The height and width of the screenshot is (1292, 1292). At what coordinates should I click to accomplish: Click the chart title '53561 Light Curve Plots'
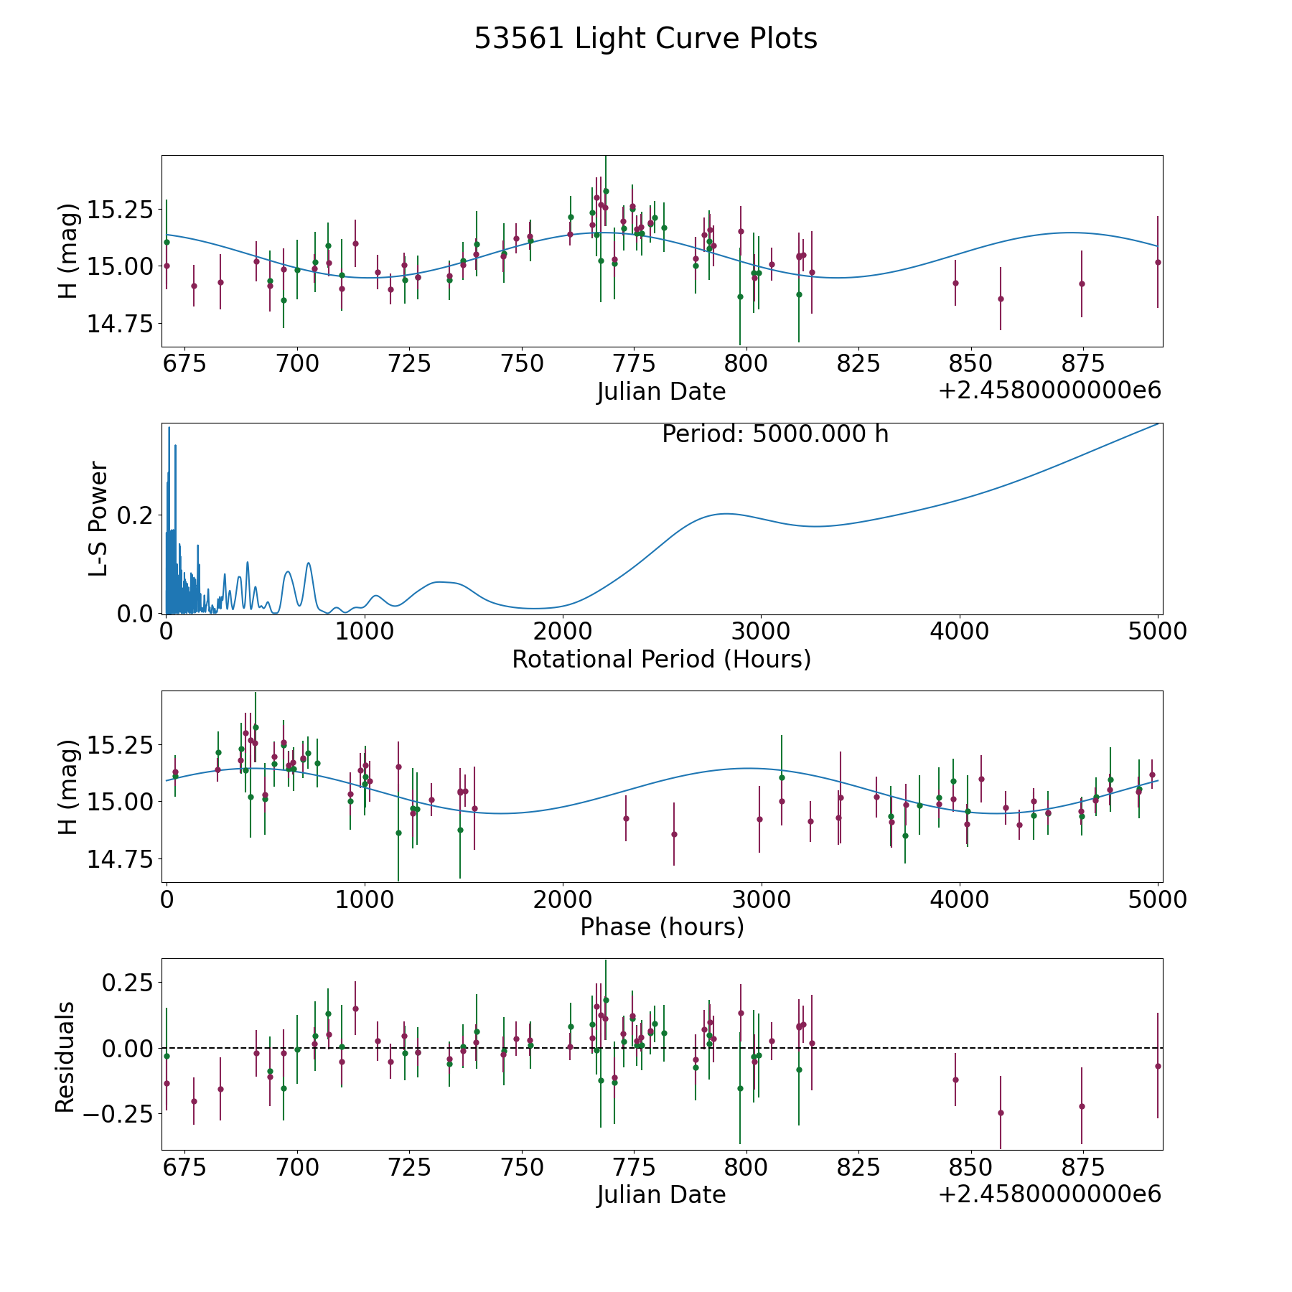click(x=645, y=39)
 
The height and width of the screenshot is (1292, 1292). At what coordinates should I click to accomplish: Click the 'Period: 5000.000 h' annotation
click(x=775, y=434)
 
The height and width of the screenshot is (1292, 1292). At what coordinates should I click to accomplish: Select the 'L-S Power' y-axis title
click(x=98, y=518)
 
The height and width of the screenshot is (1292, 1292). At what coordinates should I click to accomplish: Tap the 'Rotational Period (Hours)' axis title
click(x=661, y=659)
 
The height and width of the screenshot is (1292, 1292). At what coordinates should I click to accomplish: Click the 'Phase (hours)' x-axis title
click(x=662, y=927)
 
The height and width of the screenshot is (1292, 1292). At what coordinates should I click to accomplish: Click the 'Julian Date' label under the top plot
click(x=661, y=392)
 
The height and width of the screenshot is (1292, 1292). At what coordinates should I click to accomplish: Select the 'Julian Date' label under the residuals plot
click(x=661, y=1194)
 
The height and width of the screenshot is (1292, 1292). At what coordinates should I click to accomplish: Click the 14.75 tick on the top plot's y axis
click(x=120, y=324)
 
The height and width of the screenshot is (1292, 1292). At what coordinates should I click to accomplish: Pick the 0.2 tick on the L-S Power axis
click(x=136, y=515)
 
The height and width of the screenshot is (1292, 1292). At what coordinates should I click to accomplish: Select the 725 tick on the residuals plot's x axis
click(x=409, y=1166)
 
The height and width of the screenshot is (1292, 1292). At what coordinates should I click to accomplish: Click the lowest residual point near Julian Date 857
click(x=1001, y=1113)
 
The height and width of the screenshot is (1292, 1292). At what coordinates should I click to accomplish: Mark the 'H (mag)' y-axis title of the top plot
click(x=67, y=251)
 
